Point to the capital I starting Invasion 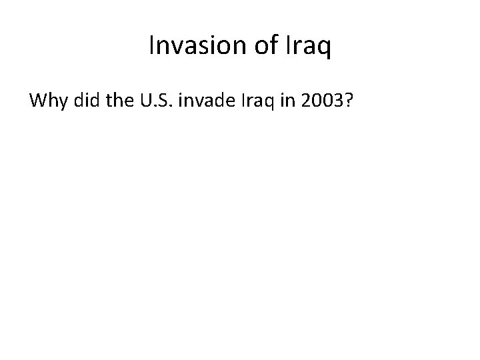[x=151, y=46]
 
